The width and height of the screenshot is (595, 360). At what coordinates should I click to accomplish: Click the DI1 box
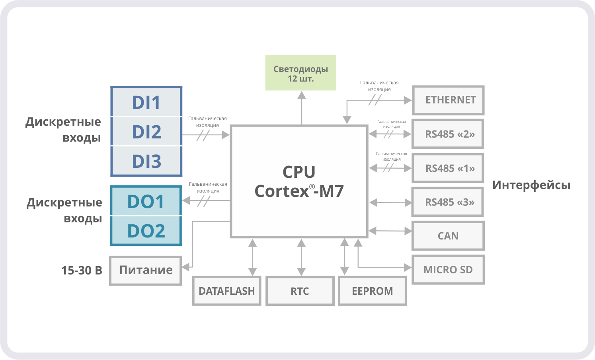146,102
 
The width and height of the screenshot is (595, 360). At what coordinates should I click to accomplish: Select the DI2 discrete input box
146,132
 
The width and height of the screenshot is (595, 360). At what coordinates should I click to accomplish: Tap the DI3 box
146,161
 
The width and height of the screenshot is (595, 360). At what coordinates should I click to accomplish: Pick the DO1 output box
146,202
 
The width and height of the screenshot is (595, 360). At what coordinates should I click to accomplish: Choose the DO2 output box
146,231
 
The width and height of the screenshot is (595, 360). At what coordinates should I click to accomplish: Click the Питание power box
146,270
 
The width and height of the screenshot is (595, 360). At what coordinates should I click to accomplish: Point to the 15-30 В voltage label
82,270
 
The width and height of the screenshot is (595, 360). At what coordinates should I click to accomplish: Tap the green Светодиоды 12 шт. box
300,73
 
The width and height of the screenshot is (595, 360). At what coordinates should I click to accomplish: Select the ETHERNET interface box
449,100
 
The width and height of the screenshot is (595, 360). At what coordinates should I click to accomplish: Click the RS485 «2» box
448,134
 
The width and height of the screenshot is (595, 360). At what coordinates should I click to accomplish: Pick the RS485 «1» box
448,168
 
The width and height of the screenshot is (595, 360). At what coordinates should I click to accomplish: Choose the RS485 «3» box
448,202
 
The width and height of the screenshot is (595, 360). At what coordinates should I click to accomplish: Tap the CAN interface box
448,236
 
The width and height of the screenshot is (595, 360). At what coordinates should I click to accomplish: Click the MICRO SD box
448,270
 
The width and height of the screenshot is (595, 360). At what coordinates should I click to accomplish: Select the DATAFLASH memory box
226,291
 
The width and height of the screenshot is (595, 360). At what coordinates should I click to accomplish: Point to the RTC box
300,291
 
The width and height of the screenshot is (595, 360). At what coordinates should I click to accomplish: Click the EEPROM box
372,291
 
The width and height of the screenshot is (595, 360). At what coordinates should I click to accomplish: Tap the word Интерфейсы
531,185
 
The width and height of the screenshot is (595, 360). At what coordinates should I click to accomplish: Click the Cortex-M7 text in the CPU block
299,191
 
